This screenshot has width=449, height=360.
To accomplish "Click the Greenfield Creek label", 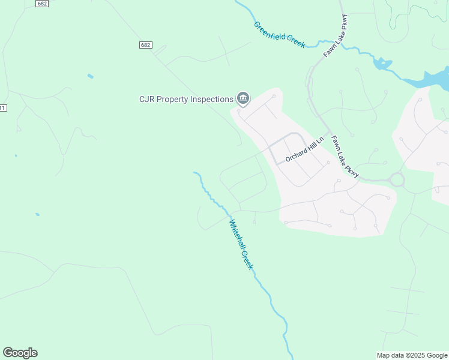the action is [x=279, y=35].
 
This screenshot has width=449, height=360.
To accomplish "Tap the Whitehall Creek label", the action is [x=239, y=244].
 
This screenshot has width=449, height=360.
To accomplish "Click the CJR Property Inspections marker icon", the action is [x=243, y=98].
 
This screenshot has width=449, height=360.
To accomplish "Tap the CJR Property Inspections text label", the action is [x=186, y=99].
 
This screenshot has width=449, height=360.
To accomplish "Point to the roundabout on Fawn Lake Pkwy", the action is [x=397, y=179].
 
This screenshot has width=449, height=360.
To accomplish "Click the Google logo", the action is [x=20, y=353].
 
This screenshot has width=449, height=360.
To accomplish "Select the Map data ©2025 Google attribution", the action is [x=412, y=355].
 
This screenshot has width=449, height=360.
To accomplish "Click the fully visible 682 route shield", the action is [x=145, y=45].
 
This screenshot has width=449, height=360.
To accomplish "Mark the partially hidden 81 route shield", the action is [x=3, y=107].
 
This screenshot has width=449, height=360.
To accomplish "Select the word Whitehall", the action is [x=235, y=234].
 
